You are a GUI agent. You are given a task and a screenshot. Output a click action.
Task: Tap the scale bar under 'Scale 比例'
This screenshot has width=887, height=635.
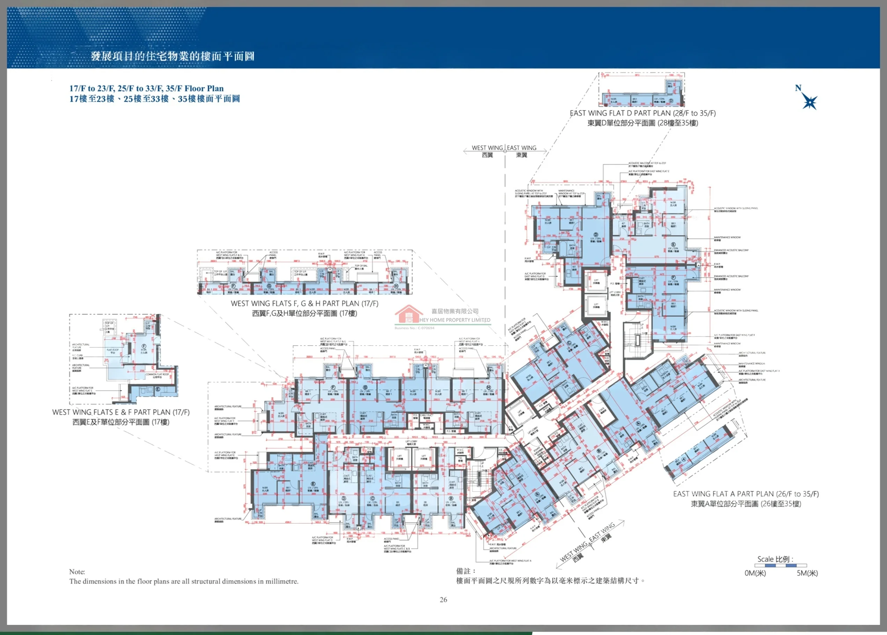[x=780, y=565]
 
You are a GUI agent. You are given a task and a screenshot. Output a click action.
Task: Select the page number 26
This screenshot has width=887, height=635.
[x=443, y=599]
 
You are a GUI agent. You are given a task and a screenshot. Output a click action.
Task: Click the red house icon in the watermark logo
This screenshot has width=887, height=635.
[x=409, y=314]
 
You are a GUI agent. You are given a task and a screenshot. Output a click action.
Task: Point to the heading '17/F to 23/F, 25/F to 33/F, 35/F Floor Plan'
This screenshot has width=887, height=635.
[x=147, y=88]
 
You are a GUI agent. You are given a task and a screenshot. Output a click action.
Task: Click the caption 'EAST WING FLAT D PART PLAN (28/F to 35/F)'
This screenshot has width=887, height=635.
[x=643, y=113]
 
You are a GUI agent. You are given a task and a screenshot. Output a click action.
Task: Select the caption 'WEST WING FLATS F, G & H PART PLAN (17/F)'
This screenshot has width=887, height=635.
[x=305, y=303]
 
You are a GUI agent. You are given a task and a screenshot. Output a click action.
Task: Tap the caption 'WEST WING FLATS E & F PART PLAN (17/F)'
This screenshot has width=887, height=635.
[x=121, y=412]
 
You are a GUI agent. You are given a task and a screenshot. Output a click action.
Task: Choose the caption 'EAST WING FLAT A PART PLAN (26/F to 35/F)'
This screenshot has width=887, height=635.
[x=746, y=494]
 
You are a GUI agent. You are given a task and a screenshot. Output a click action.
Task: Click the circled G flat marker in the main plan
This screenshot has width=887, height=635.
[x=365, y=388]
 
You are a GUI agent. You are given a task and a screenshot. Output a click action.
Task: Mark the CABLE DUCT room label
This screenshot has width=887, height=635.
[x=426, y=415]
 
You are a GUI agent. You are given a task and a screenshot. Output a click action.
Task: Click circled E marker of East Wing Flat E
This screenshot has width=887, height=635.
[x=673, y=244]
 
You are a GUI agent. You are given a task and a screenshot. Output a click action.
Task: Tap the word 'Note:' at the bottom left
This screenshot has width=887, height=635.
[x=77, y=572]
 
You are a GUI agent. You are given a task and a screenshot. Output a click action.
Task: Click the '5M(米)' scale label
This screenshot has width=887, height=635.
[x=807, y=573]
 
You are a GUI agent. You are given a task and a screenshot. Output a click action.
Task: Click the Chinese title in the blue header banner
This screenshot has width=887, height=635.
[x=172, y=56]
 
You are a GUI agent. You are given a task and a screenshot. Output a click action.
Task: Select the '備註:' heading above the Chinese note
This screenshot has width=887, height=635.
[x=466, y=571]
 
